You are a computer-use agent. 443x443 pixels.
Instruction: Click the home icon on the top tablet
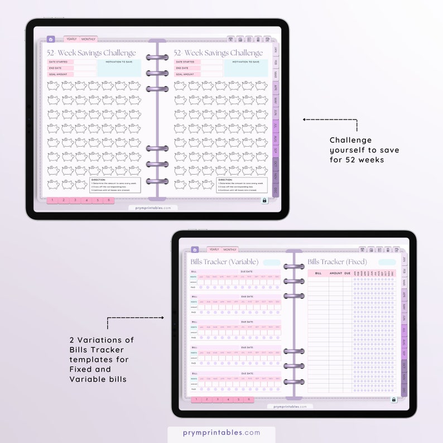51,39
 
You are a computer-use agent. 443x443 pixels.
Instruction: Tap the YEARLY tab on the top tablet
71,39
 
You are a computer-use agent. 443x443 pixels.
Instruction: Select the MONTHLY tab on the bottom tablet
229,249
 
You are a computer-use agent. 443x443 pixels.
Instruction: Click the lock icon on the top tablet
264,200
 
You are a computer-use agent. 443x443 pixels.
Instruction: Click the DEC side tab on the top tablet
275,190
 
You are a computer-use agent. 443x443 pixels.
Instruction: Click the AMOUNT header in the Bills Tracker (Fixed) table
336,273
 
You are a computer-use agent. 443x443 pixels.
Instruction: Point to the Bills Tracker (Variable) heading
224,262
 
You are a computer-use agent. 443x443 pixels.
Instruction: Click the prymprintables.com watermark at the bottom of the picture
222,432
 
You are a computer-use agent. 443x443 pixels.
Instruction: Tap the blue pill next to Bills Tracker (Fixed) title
387,262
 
